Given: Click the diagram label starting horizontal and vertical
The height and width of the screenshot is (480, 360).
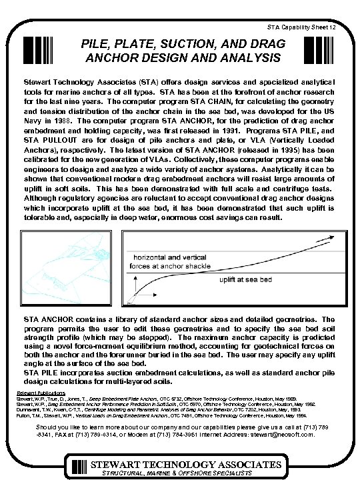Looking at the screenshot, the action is pos(173,261).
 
